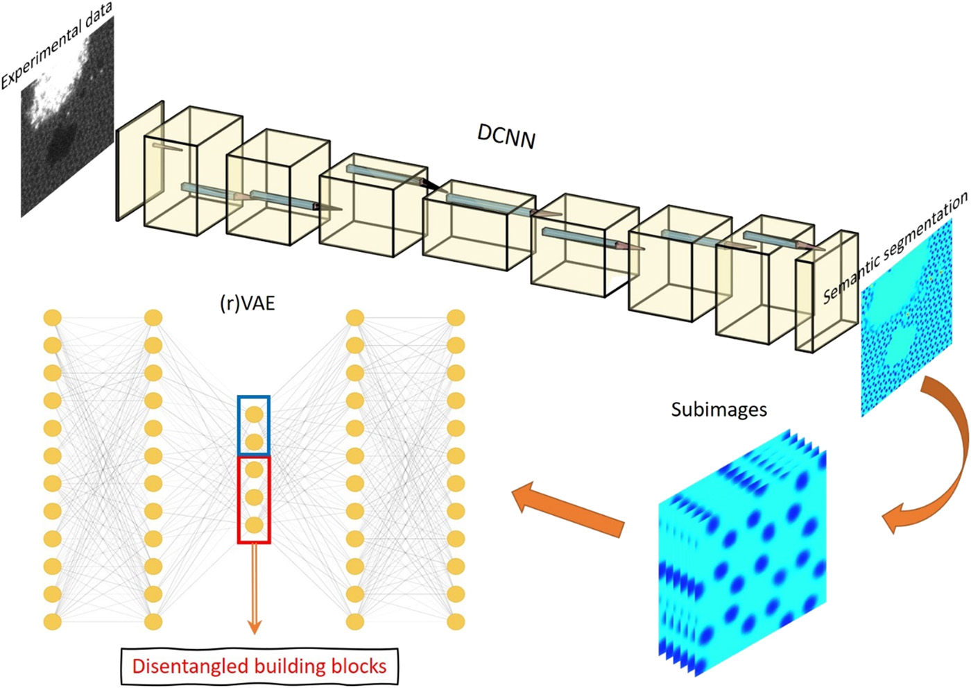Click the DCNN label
click(x=506, y=137)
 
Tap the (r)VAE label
click(x=248, y=303)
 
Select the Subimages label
click(x=719, y=410)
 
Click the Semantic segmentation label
click(x=895, y=248)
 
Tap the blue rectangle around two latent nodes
click(x=254, y=426)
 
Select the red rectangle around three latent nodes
click(x=254, y=499)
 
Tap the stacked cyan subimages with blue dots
click(x=742, y=555)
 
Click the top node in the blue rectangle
click(x=255, y=414)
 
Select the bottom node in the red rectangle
click(x=255, y=525)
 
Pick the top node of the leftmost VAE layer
click(x=53, y=318)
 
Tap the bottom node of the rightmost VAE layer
click(x=456, y=621)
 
